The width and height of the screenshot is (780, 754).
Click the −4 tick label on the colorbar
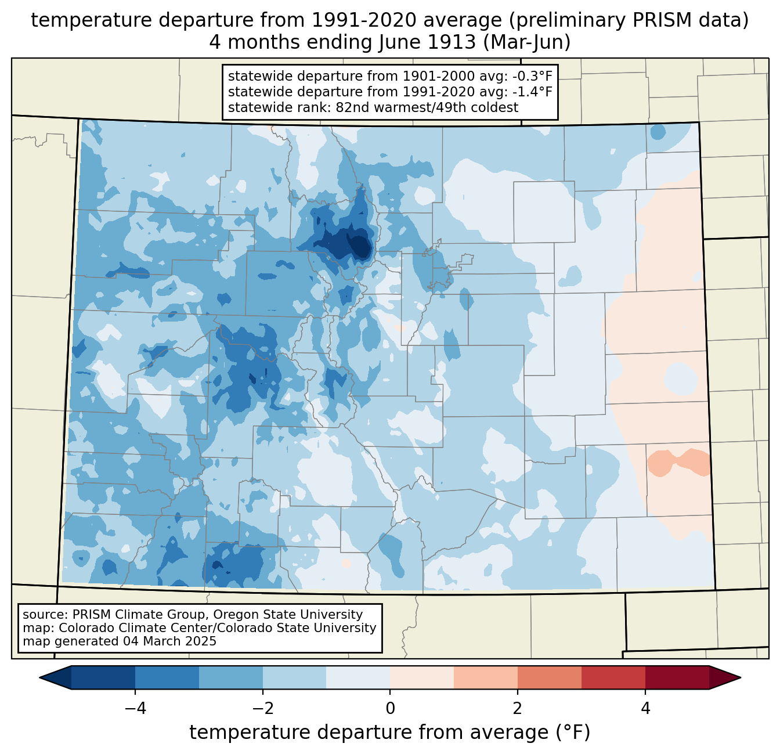click(x=135, y=709)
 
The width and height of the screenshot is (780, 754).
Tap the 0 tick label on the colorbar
click(x=390, y=709)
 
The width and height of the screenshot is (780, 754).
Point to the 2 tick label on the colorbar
click(x=518, y=709)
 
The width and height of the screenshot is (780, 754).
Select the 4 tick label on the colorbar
click(x=645, y=709)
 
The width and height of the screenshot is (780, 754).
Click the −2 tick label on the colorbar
click(x=263, y=709)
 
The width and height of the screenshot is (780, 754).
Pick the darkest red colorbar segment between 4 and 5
click(x=677, y=677)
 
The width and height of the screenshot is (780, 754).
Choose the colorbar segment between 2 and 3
click(x=549, y=677)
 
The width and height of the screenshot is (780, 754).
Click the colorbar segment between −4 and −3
click(x=167, y=677)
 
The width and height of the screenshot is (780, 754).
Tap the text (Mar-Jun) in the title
click(x=527, y=42)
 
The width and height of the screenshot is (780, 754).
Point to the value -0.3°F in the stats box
click(x=531, y=77)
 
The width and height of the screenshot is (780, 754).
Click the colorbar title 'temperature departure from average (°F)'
click(x=389, y=733)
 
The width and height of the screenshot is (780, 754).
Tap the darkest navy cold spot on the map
click(x=360, y=246)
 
